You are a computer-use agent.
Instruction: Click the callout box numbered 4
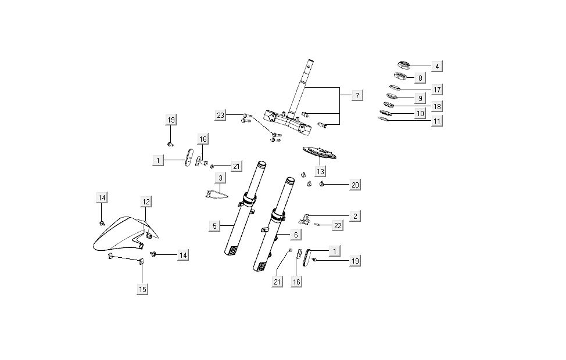coord(437,66)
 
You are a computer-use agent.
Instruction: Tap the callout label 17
coord(437,89)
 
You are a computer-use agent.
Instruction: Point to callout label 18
coord(437,106)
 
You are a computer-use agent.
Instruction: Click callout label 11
coord(437,121)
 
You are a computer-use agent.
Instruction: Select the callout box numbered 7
coord(358,94)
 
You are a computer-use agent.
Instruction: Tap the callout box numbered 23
coord(220,116)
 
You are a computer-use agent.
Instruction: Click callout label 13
coord(320,171)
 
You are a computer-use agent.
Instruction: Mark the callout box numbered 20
coord(356,185)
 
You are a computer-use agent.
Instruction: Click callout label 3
coord(220,178)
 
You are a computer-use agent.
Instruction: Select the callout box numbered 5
coord(215,225)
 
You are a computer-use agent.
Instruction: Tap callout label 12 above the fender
coord(146,201)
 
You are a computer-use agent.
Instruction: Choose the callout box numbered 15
coord(142,289)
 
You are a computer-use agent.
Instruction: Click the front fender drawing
coord(119,235)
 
